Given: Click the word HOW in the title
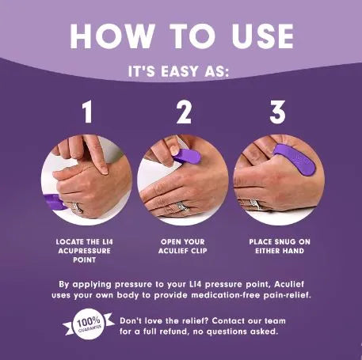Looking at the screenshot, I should [109, 36].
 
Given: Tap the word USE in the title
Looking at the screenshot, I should [258, 36].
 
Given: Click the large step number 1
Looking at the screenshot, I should [88, 112].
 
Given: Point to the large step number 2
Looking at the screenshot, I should [184, 112].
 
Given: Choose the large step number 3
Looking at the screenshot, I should [276, 112].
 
